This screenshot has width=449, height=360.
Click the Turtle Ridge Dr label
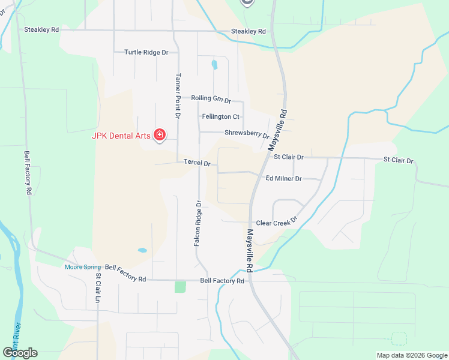(x=146, y=52)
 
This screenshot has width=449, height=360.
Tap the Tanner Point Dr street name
(x=178, y=96)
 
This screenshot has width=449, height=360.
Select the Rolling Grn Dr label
(x=211, y=98)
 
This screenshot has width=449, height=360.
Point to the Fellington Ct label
(x=221, y=116)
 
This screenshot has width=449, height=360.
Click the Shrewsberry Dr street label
(x=247, y=134)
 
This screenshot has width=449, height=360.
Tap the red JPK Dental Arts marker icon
(x=160, y=134)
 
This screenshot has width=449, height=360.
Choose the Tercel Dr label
(x=197, y=163)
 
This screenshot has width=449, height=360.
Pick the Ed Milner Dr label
(x=283, y=178)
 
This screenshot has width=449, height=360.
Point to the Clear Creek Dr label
(x=277, y=223)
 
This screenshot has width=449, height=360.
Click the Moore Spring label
(x=83, y=267)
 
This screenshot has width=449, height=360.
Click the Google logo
(x=20, y=353)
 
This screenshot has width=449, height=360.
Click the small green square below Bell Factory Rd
(x=180, y=287)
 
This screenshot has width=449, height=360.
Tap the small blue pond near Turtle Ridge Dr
(x=214, y=64)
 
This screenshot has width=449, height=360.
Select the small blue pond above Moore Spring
(x=142, y=250)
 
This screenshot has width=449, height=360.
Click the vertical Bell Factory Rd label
(x=28, y=173)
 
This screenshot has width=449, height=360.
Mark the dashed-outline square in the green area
(x=398, y=338)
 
